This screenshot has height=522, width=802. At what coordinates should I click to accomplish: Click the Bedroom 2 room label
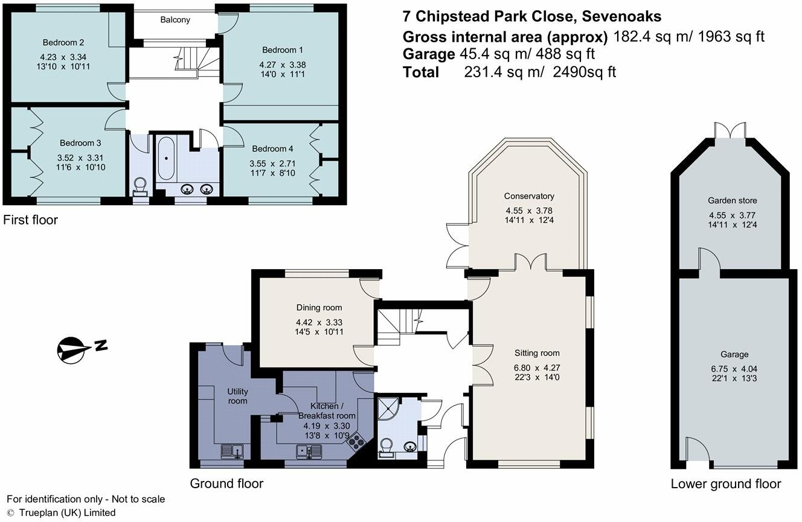coord(63,42)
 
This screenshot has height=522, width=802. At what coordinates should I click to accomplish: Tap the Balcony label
coord(175,20)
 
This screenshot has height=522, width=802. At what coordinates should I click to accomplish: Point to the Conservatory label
coord(529,196)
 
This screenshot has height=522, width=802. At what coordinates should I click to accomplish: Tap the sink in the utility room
coord(233,450)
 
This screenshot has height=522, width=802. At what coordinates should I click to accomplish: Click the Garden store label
coord(732,200)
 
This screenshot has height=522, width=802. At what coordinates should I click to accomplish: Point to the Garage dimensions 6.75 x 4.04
coord(734,369)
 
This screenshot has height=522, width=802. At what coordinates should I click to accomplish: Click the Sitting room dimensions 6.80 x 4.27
coord(536,367)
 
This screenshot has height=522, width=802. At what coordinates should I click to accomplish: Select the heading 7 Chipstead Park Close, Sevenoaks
coord(531,16)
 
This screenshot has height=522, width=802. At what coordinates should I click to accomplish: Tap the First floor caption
coord(30,220)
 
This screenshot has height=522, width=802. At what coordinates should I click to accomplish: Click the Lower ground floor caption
coord(726,483)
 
